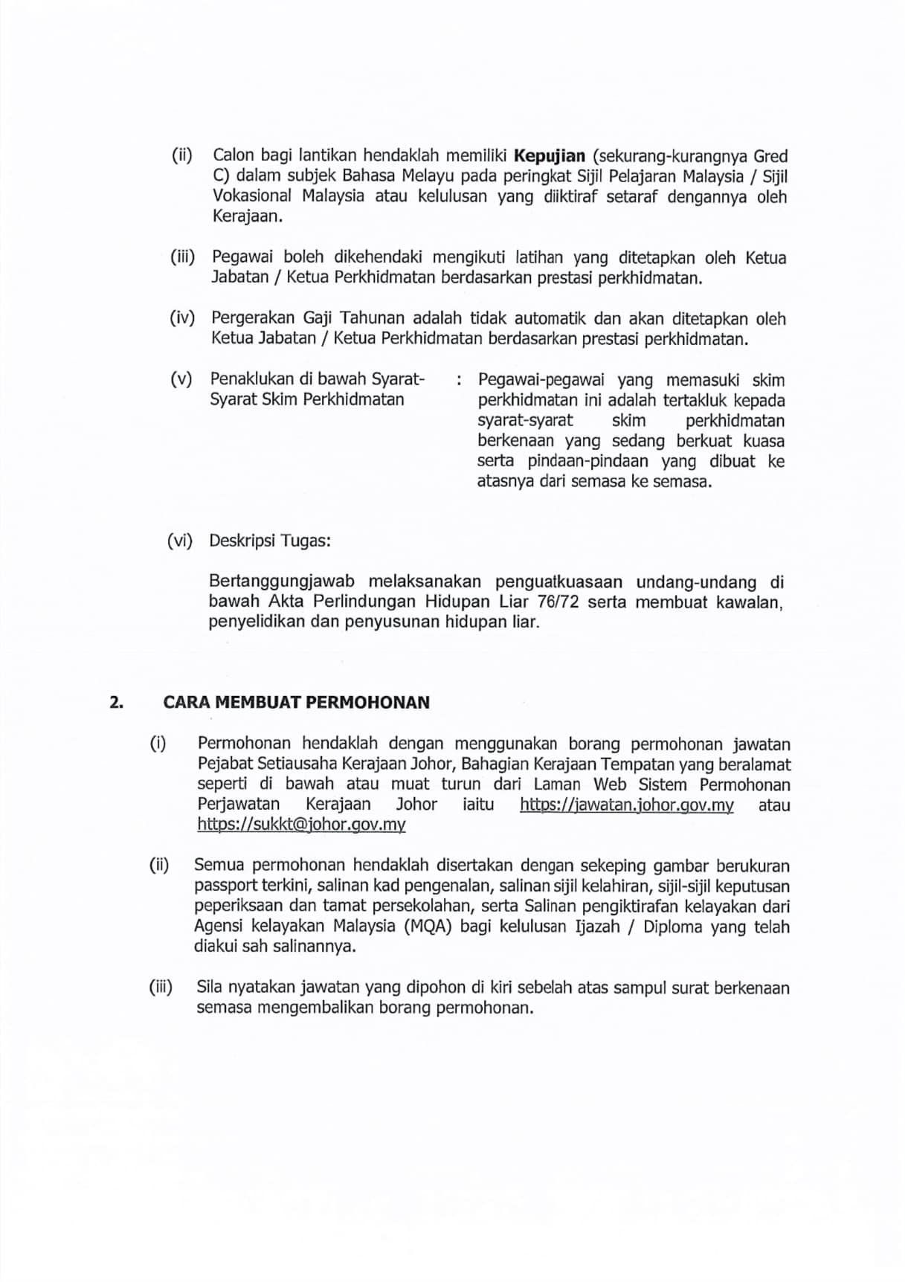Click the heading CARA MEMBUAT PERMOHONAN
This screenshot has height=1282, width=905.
(x=297, y=703)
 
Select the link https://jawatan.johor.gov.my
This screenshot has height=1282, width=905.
(x=626, y=805)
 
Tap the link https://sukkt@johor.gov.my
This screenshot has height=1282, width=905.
(x=301, y=825)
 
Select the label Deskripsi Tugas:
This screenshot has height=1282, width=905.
(x=270, y=541)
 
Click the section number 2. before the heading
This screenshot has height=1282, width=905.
(x=116, y=703)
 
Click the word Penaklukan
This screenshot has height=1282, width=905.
(x=251, y=379)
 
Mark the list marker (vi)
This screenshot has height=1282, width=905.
(x=180, y=541)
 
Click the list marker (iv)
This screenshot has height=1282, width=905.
(x=182, y=319)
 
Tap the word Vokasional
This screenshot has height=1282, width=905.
(x=251, y=197)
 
